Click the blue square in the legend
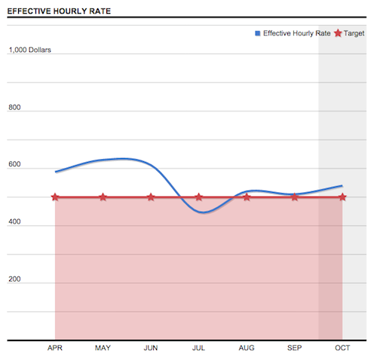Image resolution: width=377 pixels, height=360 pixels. click(x=257, y=33)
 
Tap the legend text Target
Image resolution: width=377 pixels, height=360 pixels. click(x=354, y=33)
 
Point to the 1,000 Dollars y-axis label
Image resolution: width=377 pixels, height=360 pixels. click(x=30, y=50)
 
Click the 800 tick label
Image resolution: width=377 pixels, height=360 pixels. click(x=14, y=108)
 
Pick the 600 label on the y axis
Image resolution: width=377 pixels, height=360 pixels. click(x=14, y=165)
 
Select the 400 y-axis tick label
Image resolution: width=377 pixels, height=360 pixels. click(x=14, y=222)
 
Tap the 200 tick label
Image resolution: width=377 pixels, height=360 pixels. click(x=14, y=279)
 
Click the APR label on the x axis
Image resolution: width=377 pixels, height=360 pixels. click(x=55, y=348)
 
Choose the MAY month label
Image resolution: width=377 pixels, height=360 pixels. click(x=103, y=348)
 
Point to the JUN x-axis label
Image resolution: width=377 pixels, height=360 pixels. click(x=151, y=348)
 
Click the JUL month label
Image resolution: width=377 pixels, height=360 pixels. click(x=198, y=348)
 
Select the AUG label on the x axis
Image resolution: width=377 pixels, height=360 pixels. click(x=247, y=348)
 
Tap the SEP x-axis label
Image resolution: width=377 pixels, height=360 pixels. click(x=294, y=348)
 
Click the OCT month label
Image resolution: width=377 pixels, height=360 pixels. click(x=342, y=348)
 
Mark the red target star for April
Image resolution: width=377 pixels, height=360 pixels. click(x=55, y=197)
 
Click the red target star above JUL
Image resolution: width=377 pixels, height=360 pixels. click(x=198, y=197)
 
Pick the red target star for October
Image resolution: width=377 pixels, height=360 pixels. click(x=342, y=197)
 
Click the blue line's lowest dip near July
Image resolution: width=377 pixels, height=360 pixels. click(x=201, y=212)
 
